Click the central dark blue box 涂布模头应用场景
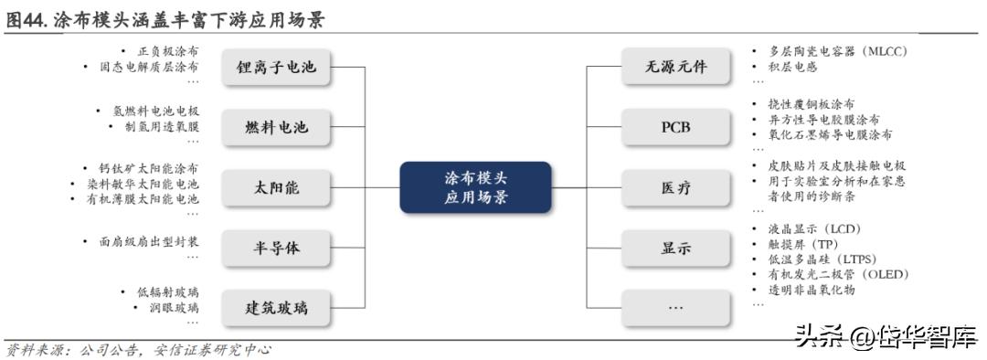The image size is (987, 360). [475, 187]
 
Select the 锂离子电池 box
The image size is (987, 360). [276, 68]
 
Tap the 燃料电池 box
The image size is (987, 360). [276, 127]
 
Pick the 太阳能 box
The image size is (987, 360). [276, 188]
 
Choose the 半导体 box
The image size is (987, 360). [276, 248]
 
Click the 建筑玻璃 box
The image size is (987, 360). [276, 308]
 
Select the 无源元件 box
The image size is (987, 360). [675, 68]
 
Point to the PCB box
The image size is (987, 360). [675, 127]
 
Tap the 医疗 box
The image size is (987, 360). [675, 188]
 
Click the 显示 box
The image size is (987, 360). [675, 248]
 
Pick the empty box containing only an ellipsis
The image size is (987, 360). [675, 308]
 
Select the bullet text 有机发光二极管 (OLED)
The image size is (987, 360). [838, 274]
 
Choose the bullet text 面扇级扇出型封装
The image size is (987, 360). [149, 242]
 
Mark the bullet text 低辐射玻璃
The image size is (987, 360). [167, 292]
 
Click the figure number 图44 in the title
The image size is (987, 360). [25, 18]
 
